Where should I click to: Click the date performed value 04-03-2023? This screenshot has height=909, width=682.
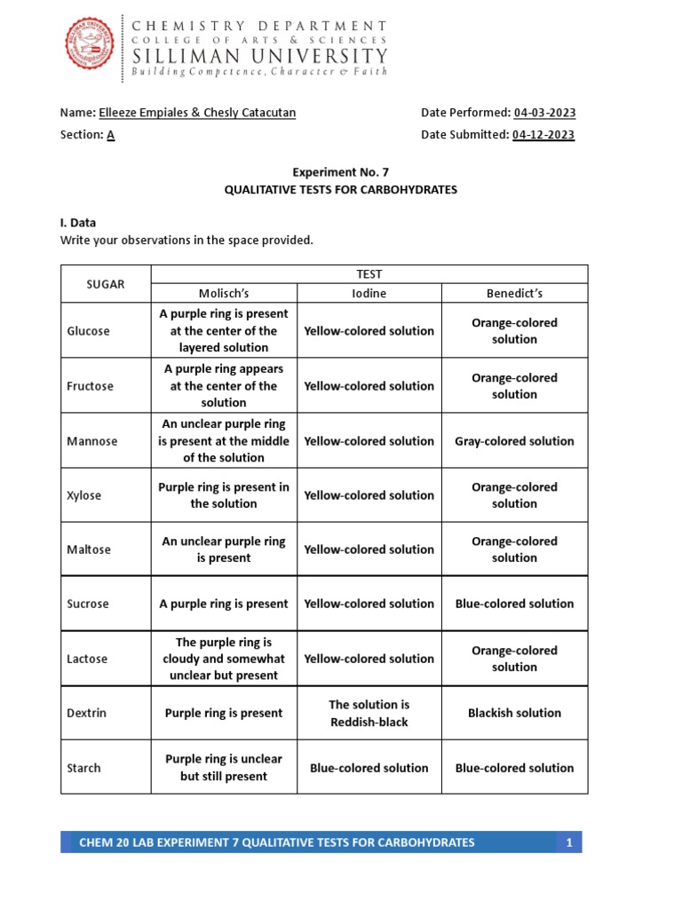coord(544,113)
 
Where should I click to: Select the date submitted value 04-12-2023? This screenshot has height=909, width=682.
coord(543,135)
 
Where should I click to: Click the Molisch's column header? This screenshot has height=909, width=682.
coord(224,293)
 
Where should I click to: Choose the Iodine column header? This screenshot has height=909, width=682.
coord(369,293)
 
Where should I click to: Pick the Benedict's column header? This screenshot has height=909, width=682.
coord(514,293)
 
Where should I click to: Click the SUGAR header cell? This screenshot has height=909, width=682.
coord(106,284)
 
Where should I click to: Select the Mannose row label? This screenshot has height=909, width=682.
coord(92,441)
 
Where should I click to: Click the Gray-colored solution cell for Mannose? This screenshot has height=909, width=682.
coord(514,441)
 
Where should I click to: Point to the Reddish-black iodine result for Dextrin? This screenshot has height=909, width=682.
coord(369,713)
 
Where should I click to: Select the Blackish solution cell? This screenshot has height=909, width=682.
coord(514,713)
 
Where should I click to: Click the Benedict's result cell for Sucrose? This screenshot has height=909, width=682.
coord(514,604)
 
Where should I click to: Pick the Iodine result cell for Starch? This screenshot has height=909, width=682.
coord(369,768)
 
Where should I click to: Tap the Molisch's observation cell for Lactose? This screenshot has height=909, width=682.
coord(224,659)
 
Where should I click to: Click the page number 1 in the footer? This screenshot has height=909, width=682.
coord(569,842)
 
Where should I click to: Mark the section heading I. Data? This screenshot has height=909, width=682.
coord(78,223)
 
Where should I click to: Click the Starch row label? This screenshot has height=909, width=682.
coord(84,768)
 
